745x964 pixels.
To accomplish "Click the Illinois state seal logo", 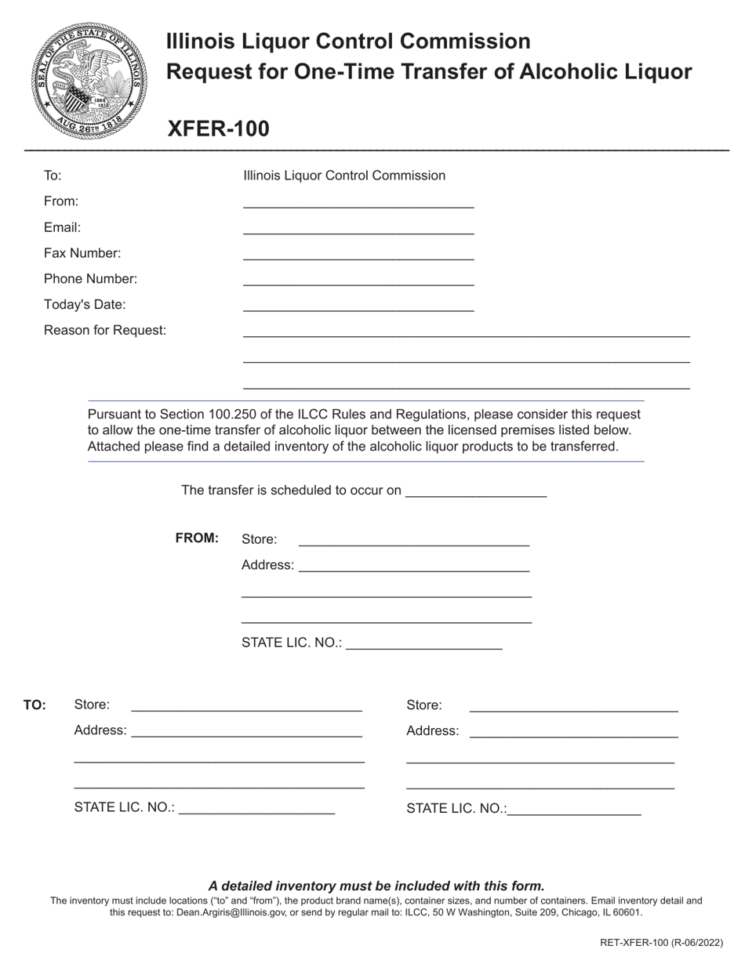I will [x=89, y=80].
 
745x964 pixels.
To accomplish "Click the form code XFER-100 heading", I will [x=218, y=129].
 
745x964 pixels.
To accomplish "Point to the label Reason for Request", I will [x=105, y=331].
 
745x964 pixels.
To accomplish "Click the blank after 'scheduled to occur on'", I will [x=476, y=491].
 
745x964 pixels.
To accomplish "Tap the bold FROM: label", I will [x=197, y=538].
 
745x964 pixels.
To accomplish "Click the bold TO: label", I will [x=35, y=705].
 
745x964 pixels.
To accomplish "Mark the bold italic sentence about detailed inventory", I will [x=376, y=886].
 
